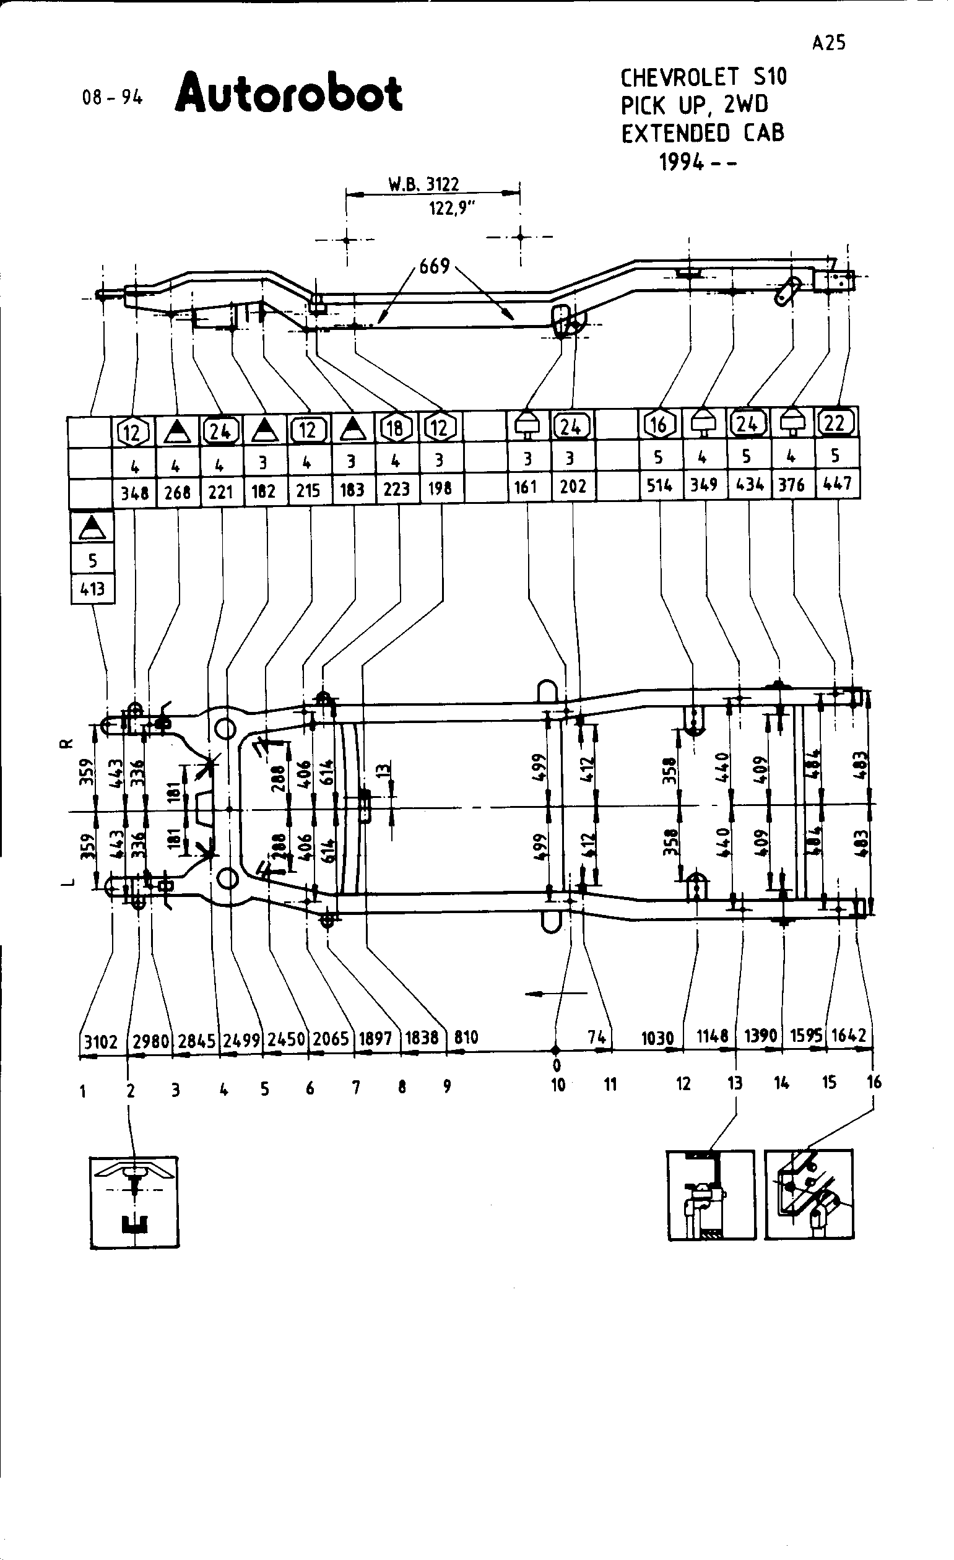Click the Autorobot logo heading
point(288,93)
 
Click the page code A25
point(829,43)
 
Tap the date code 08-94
point(113,98)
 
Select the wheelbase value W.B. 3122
point(423,184)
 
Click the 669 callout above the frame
point(434,267)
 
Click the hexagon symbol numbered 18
point(395,428)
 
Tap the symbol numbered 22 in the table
point(835,423)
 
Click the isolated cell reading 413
point(92,589)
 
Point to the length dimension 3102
point(102,1041)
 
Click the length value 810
point(466,1037)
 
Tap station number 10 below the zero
point(557,1085)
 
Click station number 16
point(874,1082)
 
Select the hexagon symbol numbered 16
point(659,424)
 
